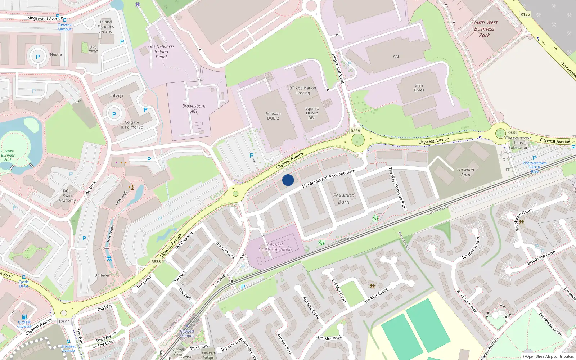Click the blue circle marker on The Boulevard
[x=288, y=180]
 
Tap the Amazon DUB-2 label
[x=273, y=116]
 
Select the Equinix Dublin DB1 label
[x=312, y=113]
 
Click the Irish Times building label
[x=419, y=88]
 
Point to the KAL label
[x=396, y=57]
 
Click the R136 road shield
[x=525, y=14]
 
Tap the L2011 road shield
[x=64, y=321]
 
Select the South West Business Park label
[x=484, y=29]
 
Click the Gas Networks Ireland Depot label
[x=161, y=51]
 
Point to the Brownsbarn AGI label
[x=194, y=108]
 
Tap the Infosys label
[x=117, y=95]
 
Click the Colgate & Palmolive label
[x=132, y=125]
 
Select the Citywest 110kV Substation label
[x=275, y=247]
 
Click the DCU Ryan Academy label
[x=67, y=195]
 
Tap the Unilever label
[x=102, y=275]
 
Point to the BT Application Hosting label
[x=303, y=90]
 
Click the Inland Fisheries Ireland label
[x=106, y=27]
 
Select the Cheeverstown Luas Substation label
[x=518, y=143]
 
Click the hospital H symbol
[x=137, y=5]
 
